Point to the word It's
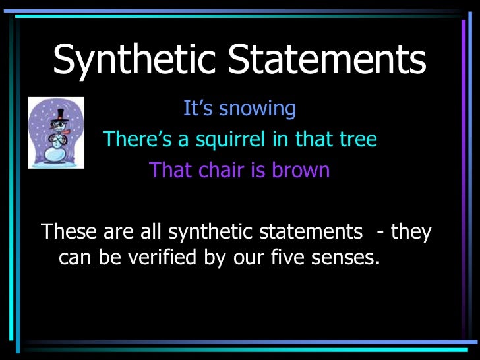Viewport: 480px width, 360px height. click(195, 108)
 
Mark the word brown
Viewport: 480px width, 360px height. click(301, 170)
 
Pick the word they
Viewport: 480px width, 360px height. click(411, 232)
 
